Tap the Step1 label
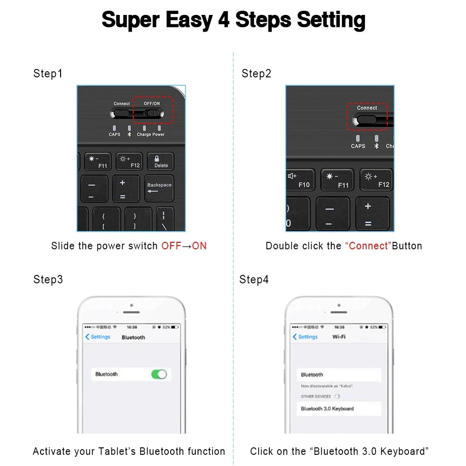pyautogui.click(x=48, y=74)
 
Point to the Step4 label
pyautogui.click(x=254, y=280)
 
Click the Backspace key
pyautogui.click(x=159, y=188)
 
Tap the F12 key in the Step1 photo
pyautogui.click(x=129, y=162)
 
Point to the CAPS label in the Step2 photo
pyautogui.click(x=358, y=146)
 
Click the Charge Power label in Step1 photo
pyautogui.click(x=151, y=135)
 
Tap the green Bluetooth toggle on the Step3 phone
pyautogui.click(x=159, y=374)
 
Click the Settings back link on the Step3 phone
pyautogui.click(x=98, y=337)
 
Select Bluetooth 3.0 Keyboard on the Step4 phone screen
pyautogui.click(x=327, y=409)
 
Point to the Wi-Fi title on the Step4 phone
pyautogui.click(x=339, y=336)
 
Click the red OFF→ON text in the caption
pyautogui.click(x=184, y=246)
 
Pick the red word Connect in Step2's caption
pyautogui.click(x=368, y=246)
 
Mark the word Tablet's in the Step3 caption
pyautogui.click(x=117, y=451)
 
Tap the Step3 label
pyautogui.click(x=48, y=280)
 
